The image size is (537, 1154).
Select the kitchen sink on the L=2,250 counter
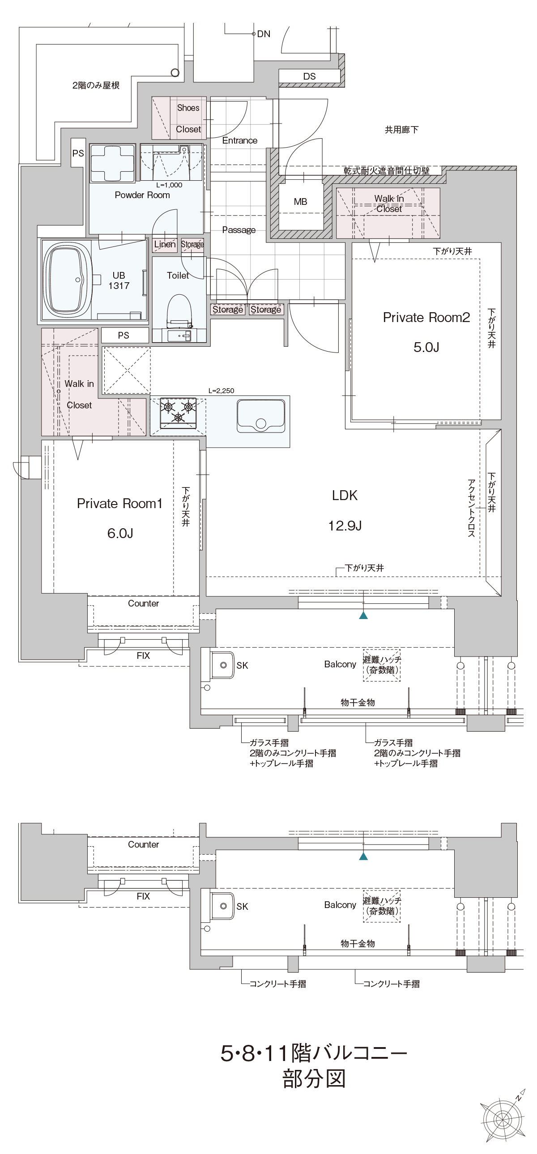[x=260, y=416]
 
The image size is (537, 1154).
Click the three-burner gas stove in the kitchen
[x=179, y=412]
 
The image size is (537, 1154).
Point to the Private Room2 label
[x=426, y=318]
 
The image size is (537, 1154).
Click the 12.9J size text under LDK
[x=345, y=526]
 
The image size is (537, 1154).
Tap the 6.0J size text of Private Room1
[x=120, y=533]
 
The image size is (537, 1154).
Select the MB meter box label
[x=300, y=202]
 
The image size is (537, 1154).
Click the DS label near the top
[x=309, y=76]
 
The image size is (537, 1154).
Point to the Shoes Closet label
[x=188, y=118]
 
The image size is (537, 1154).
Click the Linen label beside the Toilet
[x=165, y=245]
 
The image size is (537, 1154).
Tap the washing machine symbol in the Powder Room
[x=112, y=163]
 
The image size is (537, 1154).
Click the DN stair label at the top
[x=264, y=34]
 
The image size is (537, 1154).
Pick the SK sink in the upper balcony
[x=222, y=665]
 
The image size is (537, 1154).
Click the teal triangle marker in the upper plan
[x=363, y=615]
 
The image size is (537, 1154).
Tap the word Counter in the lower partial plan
[x=144, y=844]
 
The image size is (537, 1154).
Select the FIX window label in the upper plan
[x=143, y=656]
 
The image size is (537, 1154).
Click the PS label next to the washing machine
[x=78, y=153]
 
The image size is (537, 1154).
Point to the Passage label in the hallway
[x=239, y=230]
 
